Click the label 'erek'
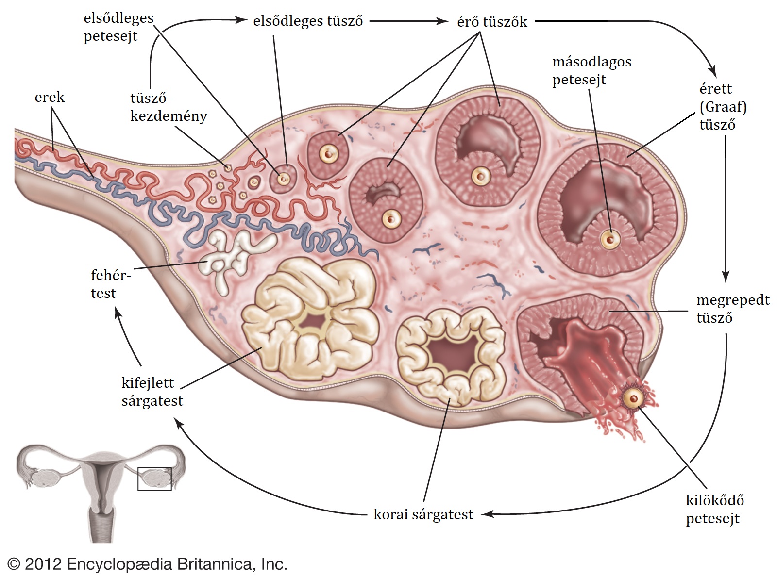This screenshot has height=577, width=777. point(50,98)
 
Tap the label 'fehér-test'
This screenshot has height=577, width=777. point(110,284)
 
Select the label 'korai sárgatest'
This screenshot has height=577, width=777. point(423,514)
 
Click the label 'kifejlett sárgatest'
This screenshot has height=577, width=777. point(152,392)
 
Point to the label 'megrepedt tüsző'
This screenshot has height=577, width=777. point(732,309)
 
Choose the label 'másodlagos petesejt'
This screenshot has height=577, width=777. point(591,71)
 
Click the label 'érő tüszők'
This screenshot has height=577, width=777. point(492,22)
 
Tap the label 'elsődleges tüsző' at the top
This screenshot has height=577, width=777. point(308,21)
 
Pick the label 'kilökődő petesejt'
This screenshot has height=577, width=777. point(714,509)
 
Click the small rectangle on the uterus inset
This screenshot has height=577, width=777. point(154,479)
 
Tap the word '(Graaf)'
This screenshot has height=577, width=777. point(723,107)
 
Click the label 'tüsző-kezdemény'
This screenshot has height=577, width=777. point(168,107)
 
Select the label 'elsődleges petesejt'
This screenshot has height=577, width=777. point(118,27)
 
